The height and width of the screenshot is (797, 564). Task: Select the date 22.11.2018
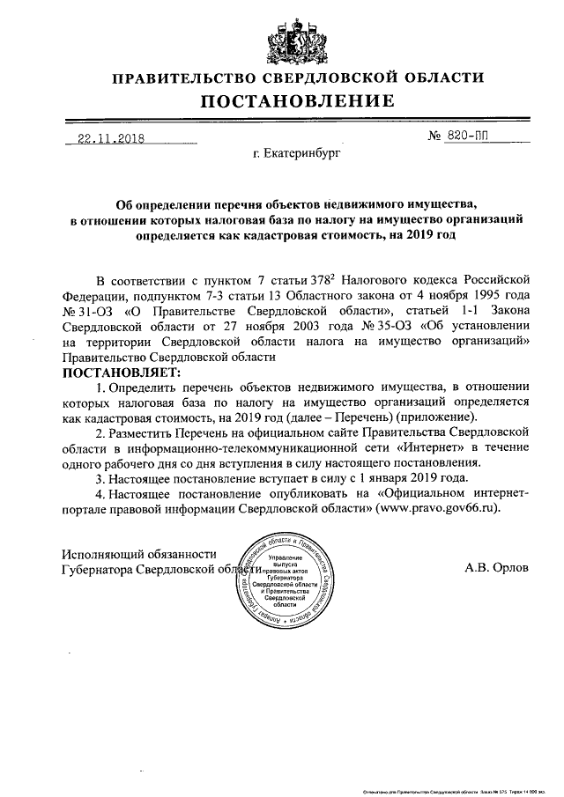tap(112, 138)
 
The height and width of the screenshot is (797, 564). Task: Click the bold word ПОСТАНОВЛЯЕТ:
tap(119, 372)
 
